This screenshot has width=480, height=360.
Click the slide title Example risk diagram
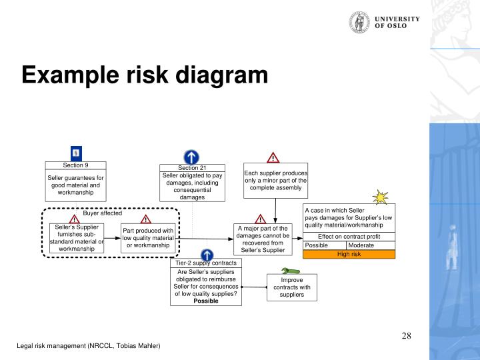coord(145,75)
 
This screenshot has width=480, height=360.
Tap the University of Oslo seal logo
coord(359,22)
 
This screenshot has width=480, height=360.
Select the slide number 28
coord(406,335)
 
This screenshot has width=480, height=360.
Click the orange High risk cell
coord(349,254)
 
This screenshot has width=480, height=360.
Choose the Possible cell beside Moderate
coord(325,245)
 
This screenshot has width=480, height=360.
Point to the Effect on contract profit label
coord(349,237)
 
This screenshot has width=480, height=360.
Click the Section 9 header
coord(76,165)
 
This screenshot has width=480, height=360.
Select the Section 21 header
coord(192,167)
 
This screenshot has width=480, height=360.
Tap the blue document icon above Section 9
coord(76,153)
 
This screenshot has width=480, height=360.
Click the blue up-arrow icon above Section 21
coord(192,157)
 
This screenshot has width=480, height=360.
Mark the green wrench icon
coord(290,270)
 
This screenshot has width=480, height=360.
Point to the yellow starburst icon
coord(381,197)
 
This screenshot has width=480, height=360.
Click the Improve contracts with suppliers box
coord(292,287)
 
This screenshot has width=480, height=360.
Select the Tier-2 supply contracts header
coord(207,263)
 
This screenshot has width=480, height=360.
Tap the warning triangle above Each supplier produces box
coord(273,158)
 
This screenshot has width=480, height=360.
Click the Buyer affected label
coord(103,213)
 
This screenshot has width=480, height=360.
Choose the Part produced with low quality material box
coord(148,238)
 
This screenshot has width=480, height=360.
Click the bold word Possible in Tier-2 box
coord(206,301)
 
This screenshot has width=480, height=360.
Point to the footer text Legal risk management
coord(89,346)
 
